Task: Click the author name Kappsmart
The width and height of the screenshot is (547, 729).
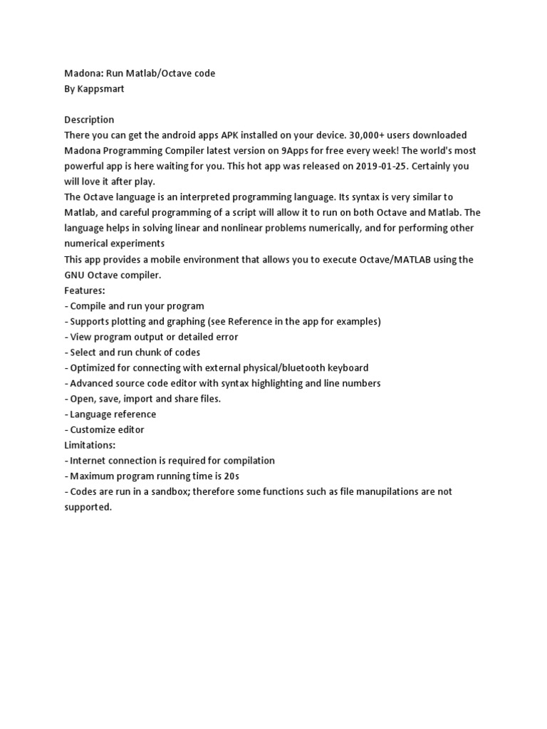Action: coord(102,89)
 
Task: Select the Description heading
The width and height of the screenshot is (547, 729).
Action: coord(89,120)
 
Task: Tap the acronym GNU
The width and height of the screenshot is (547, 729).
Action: coord(75,275)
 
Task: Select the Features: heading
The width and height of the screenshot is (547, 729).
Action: coord(85,290)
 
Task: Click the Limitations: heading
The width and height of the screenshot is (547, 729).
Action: coord(90,445)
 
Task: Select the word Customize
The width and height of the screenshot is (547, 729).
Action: coord(93,430)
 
